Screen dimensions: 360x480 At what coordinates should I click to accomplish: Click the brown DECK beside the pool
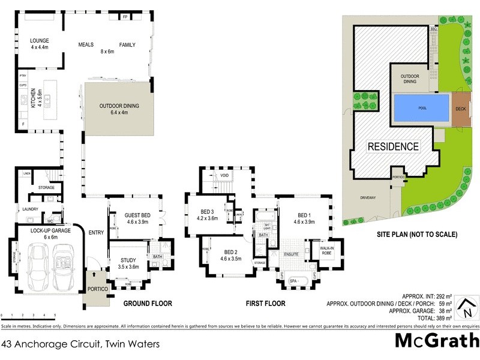461,109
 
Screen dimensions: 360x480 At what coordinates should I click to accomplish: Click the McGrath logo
436,341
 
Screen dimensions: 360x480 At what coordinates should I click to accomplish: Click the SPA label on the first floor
293,281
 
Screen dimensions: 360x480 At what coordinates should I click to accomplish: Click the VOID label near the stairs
224,175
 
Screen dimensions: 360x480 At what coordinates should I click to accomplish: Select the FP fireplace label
125,17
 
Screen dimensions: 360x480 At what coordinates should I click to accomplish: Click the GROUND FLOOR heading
148,304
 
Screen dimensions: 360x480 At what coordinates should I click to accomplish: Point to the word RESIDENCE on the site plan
393,146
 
